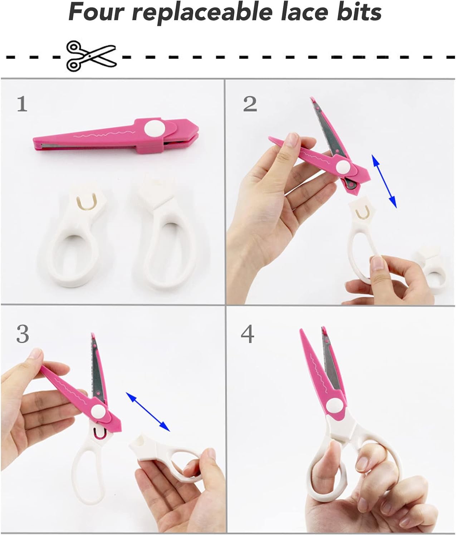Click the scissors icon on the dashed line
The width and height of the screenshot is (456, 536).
tap(91, 56)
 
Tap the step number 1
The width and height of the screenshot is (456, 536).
tap(22, 104)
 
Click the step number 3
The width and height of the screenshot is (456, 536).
tap(23, 334)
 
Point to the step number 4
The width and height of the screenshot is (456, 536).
tap(247, 334)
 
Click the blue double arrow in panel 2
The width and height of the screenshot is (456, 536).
tap(384, 181)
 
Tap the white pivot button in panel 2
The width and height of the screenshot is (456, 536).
tap(343, 167)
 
